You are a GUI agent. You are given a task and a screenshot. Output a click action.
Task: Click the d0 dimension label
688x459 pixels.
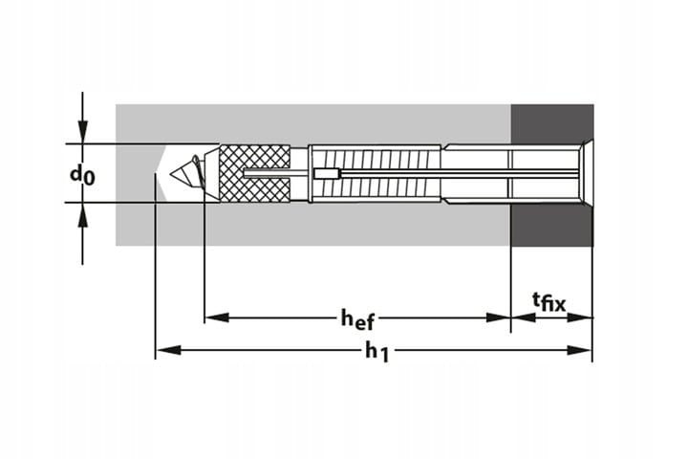click(x=82, y=175)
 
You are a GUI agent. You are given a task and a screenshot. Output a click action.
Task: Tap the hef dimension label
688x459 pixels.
click(x=358, y=318)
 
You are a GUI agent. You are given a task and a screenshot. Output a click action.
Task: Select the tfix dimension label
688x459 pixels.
click(x=548, y=302)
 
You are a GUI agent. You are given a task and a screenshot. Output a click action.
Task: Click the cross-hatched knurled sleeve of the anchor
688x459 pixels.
click(x=254, y=173)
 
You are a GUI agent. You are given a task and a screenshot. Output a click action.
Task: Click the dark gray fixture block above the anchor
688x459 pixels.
click(x=552, y=123)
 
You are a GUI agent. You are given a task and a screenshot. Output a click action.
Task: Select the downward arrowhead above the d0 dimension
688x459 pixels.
click(x=82, y=131)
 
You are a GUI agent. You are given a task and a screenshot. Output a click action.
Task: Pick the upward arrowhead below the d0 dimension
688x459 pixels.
click(x=82, y=215)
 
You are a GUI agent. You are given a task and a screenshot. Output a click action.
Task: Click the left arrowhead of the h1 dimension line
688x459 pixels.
click(x=168, y=350)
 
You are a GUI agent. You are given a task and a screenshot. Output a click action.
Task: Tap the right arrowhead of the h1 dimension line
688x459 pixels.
click(x=579, y=350)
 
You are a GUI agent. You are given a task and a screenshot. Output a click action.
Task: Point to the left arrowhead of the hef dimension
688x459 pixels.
click(x=217, y=317)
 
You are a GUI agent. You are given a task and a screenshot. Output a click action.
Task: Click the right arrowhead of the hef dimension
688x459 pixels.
click(x=498, y=317)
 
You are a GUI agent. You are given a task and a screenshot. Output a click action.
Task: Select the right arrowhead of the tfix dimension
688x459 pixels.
click(x=580, y=317)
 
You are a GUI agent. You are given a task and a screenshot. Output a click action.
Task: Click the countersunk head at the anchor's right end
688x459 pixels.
click(x=586, y=173)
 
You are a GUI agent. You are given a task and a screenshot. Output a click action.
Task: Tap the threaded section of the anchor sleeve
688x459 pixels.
click(x=376, y=173)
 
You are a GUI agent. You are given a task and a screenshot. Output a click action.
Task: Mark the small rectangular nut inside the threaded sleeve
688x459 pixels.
click(x=327, y=174)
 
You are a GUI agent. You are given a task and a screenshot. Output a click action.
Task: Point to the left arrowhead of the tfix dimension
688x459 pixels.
click(x=524, y=317)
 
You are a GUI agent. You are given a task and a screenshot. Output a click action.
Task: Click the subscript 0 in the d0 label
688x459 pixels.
click(x=89, y=178)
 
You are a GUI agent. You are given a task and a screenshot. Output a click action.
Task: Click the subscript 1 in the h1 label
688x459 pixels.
click(x=384, y=355)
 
